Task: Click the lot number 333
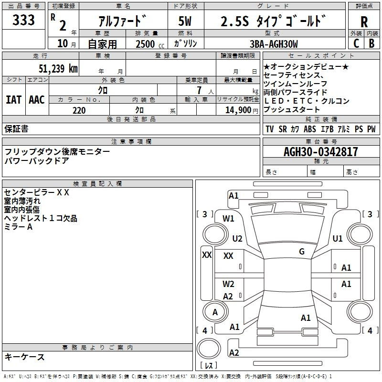tap(23, 20)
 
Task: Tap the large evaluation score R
tap(364, 22)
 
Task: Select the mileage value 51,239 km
tap(58, 68)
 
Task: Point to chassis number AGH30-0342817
tap(320, 152)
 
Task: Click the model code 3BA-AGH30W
tap(274, 44)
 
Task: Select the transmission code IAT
tap(13, 99)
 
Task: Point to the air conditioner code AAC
tap(37, 99)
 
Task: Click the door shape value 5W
tap(185, 22)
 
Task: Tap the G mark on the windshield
tap(301, 252)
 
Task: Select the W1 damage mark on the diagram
tap(228, 219)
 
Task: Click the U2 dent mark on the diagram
tap(237, 238)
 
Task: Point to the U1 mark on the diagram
tap(338, 238)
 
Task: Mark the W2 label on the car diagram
tap(228, 284)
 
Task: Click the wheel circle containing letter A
tap(215, 312)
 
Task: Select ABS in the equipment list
tap(310, 129)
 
